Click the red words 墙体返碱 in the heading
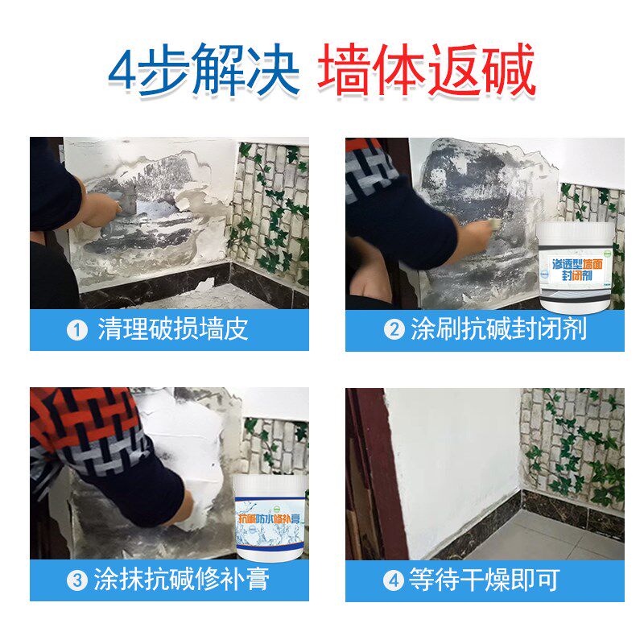(x=427, y=72)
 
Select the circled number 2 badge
(x=393, y=330)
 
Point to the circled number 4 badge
(x=393, y=580)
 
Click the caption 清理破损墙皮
(x=172, y=330)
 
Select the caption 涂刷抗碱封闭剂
(x=498, y=330)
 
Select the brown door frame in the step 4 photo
(x=366, y=475)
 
